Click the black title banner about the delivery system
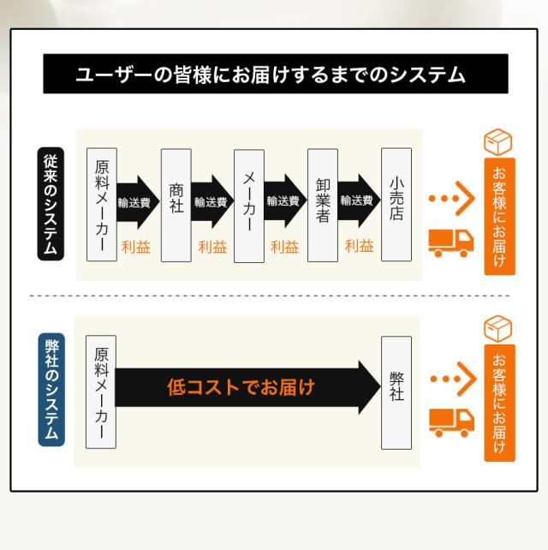pos(275,75)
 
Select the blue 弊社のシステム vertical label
pos(51,390)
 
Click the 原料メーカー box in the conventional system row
pos(102,205)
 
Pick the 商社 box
pos(176,205)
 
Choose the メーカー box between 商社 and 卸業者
pos(248,205)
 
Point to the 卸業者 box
pos(322,205)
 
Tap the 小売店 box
pos(396,205)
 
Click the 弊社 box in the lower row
pos(396,391)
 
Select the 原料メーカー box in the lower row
pos(102,391)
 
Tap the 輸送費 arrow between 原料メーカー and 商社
pos(137,202)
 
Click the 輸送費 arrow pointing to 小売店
pos(358,201)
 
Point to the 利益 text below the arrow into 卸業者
pos(285,247)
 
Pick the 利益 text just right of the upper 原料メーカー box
pos(136,247)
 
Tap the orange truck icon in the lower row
pos(450,421)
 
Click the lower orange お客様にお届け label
pos(499,403)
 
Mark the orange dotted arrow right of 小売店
pos(451,200)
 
